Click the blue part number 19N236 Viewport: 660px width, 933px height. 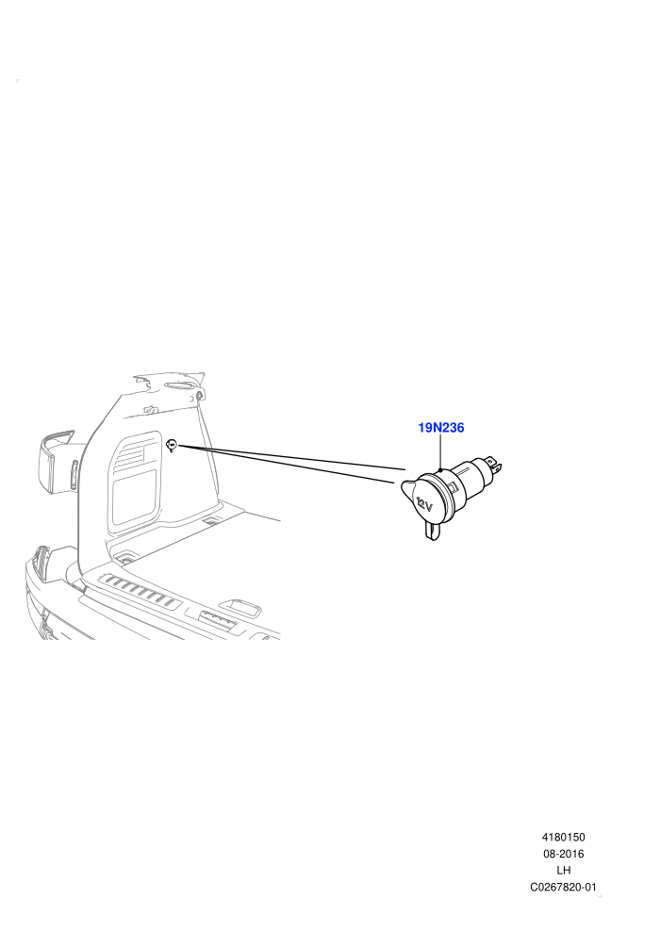point(440,427)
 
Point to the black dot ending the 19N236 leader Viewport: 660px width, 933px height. point(439,470)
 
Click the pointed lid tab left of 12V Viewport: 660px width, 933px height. point(405,488)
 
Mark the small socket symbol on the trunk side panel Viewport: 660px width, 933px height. point(172,444)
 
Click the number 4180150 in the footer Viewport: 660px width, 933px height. point(563,837)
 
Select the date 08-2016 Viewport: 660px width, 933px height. point(563,854)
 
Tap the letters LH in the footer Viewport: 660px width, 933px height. point(563,871)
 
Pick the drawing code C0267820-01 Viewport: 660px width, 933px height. point(563,887)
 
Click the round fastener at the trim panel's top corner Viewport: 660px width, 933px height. point(199,395)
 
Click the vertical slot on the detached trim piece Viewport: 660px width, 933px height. point(74,474)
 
